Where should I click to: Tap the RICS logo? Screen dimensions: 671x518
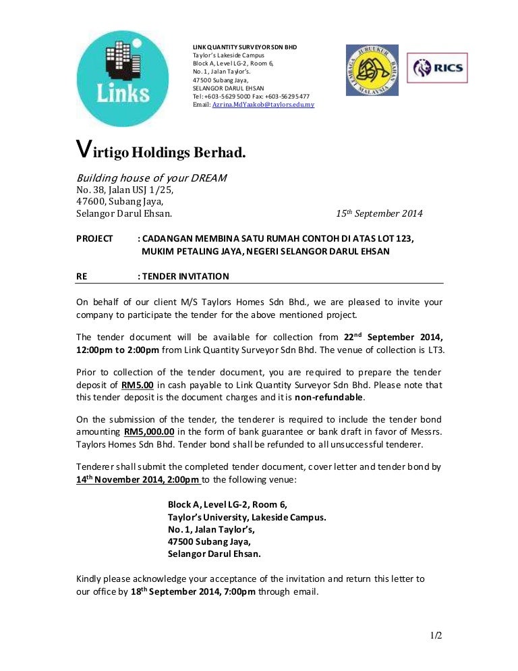click(x=437, y=68)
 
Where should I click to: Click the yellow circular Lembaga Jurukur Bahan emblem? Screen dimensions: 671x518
click(x=372, y=70)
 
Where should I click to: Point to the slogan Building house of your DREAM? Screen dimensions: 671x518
click(x=151, y=178)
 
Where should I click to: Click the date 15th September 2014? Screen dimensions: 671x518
click(x=379, y=214)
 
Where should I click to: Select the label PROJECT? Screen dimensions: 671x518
click(x=94, y=238)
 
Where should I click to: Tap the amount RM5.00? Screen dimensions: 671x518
click(x=138, y=385)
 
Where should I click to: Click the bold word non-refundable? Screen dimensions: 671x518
click(x=329, y=397)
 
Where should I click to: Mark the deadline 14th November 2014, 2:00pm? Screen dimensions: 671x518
click(x=138, y=480)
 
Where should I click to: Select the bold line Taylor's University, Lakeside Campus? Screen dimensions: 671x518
click(x=247, y=517)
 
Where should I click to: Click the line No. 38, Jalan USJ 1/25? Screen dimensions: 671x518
click(x=125, y=190)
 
